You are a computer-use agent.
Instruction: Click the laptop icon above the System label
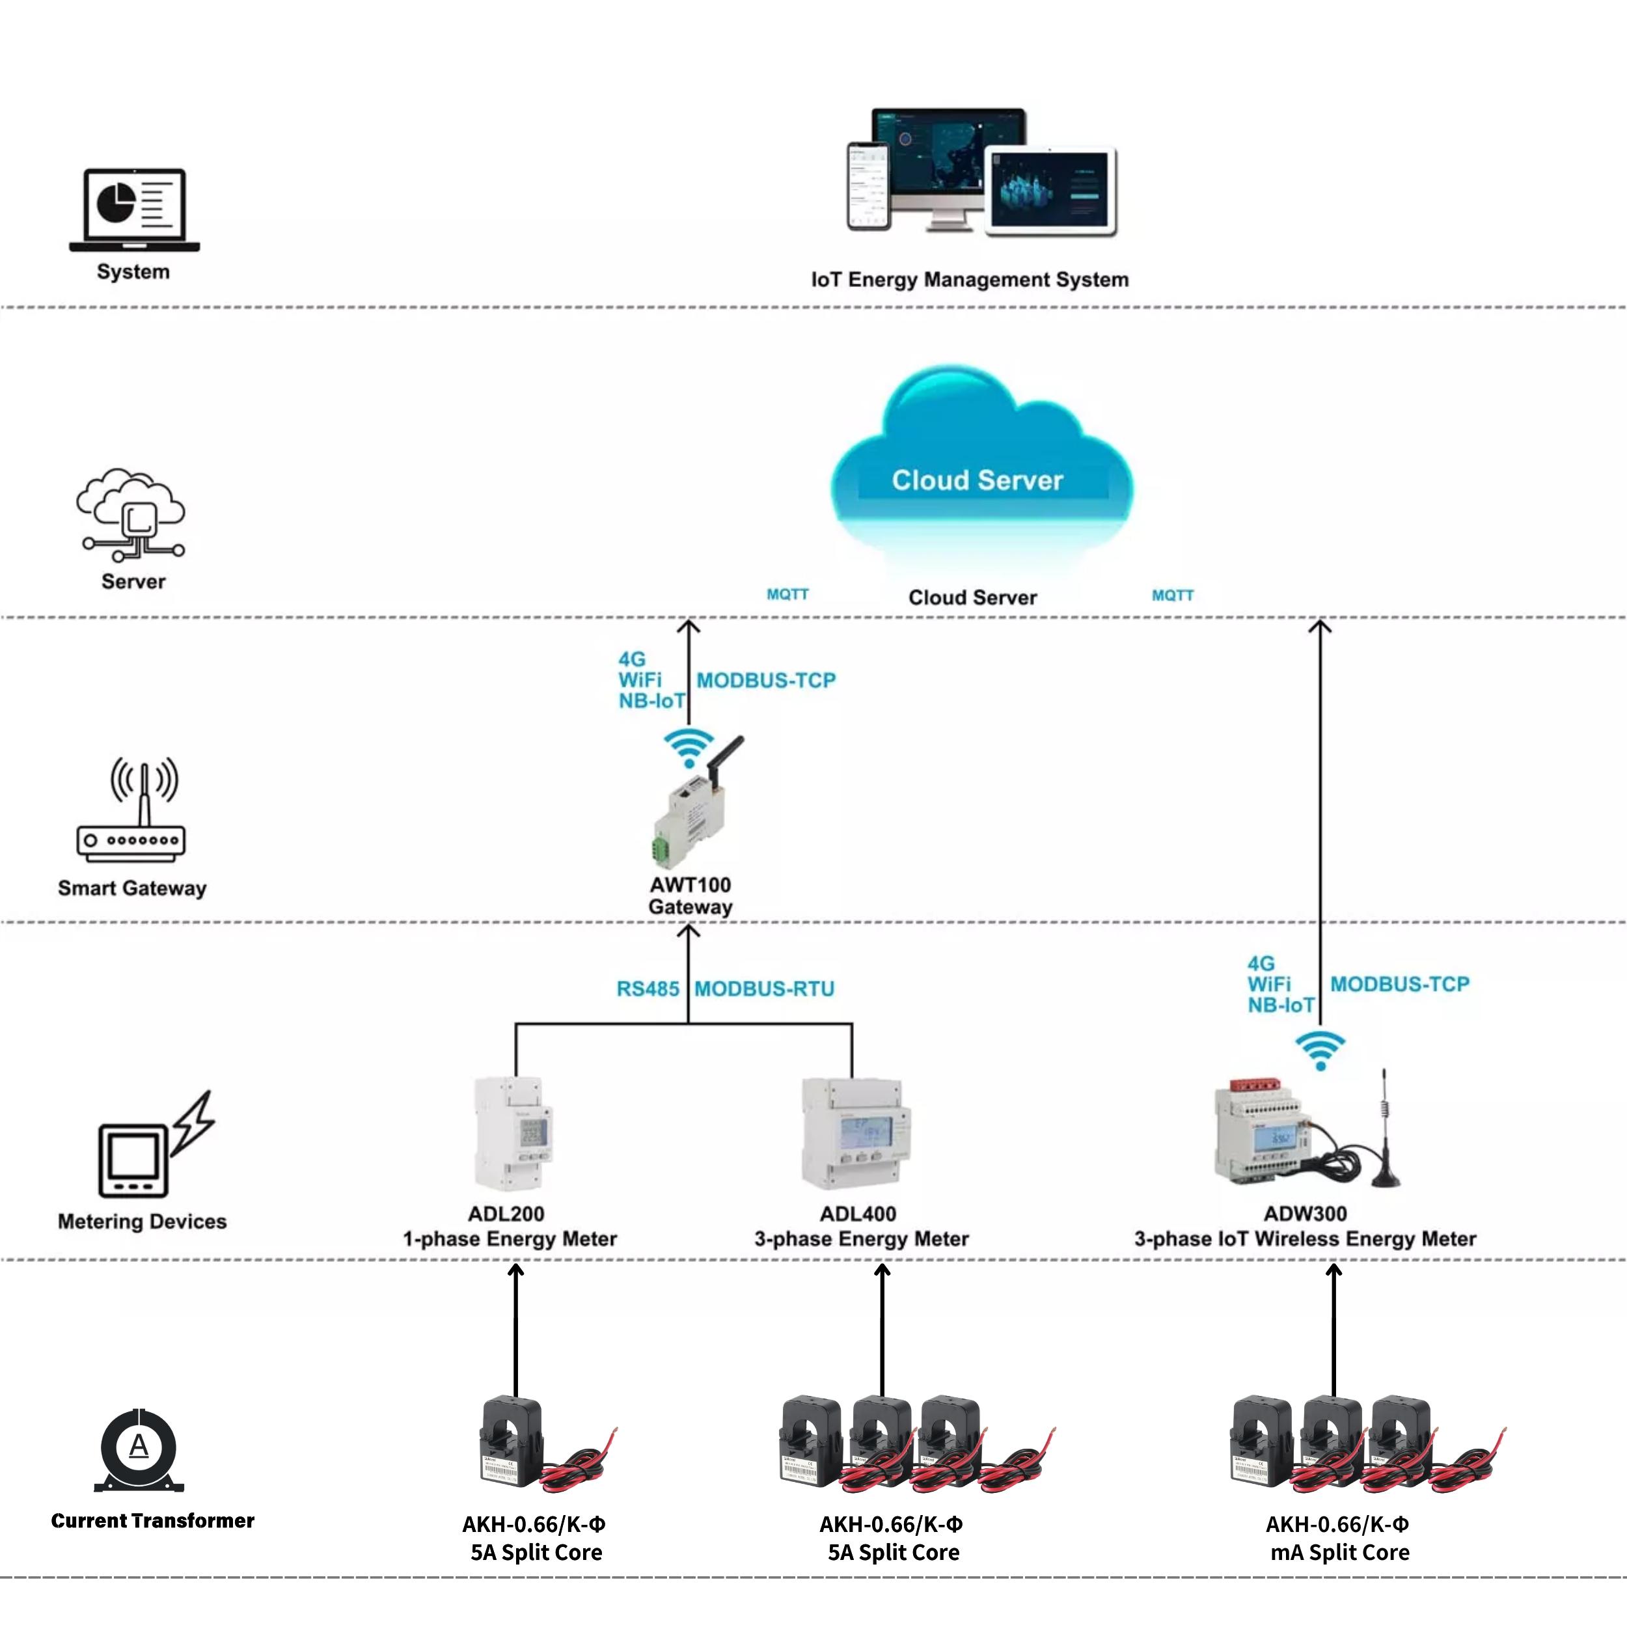point(135,210)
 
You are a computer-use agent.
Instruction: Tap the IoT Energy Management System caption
point(969,280)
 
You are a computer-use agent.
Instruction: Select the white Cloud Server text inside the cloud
point(977,480)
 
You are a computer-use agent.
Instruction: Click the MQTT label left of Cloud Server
point(787,595)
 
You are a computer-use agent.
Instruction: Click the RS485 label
point(648,989)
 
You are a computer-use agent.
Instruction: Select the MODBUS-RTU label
point(764,989)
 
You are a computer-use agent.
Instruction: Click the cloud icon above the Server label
point(131,513)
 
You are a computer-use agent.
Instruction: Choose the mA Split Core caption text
point(1339,1553)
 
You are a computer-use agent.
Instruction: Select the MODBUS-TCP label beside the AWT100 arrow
point(765,681)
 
